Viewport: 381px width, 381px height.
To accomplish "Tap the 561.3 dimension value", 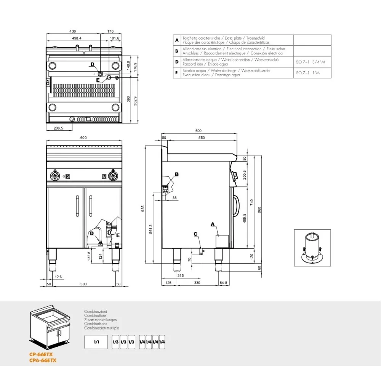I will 151,228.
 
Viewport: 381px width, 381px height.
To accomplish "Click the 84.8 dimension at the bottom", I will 224,282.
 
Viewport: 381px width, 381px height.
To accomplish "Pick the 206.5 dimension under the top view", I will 58,128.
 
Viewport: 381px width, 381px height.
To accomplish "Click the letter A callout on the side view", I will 213,224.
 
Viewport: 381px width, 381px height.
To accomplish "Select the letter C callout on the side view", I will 195,234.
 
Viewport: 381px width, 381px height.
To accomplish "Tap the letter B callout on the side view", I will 176,174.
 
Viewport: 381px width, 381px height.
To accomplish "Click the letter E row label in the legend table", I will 176,72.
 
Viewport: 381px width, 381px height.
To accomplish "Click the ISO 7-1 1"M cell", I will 307,72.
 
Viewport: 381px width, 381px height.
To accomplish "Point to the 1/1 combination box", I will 96,342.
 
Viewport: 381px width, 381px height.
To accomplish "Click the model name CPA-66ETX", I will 43,360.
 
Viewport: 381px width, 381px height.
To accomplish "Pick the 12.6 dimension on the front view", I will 58,277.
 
